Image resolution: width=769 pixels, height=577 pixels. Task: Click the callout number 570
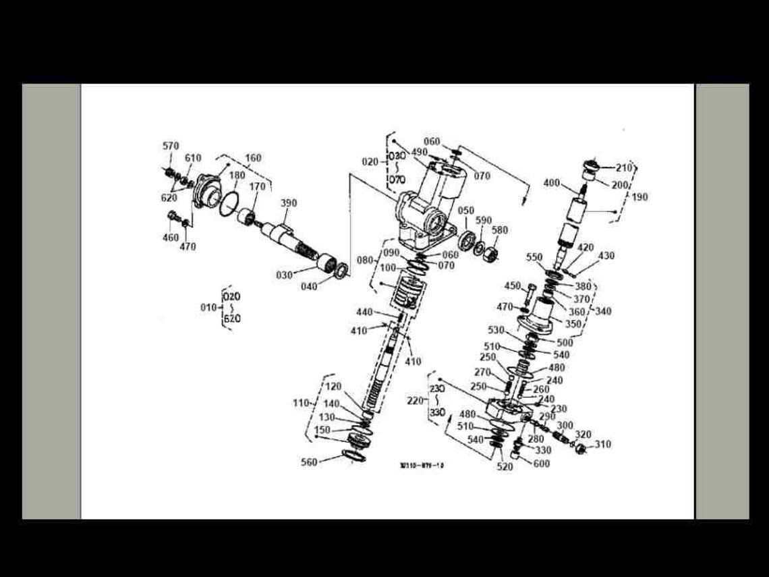(x=171, y=146)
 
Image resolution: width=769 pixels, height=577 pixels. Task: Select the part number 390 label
(x=289, y=203)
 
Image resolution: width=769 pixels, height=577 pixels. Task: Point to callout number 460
(x=171, y=238)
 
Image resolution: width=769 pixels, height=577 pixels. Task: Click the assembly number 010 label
(x=208, y=308)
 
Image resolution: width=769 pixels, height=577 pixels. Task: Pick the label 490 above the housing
(x=419, y=153)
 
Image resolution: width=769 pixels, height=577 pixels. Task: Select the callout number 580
(x=500, y=231)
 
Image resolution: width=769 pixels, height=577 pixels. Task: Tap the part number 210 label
(x=624, y=167)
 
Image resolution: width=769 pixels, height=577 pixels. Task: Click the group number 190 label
(x=639, y=197)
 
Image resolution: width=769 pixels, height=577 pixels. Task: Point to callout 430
(x=606, y=256)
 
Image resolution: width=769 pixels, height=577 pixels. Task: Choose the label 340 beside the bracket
(x=602, y=311)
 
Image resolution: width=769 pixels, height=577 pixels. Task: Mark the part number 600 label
(x=542, y=464)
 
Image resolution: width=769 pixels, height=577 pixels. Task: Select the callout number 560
(x=310, y=462)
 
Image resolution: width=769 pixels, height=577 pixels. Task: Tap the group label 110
(x=302, y=403)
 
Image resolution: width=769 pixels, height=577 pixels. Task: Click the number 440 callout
(x=365, y=312)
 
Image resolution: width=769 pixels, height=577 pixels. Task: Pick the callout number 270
(x=483, y=372)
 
